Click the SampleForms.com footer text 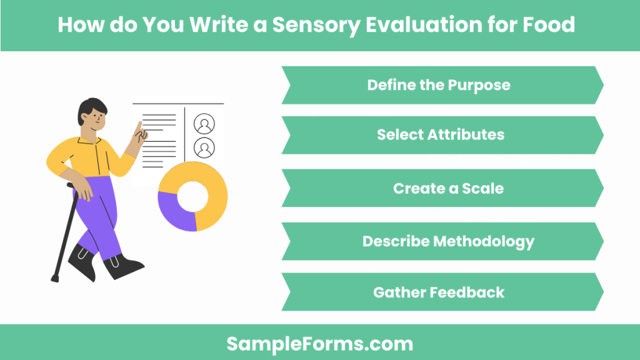pyautogui.click(x=319, y=343)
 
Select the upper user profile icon pyautogui.click(x=204, y=124)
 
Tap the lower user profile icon pyautogui.click(x=204, y=148)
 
